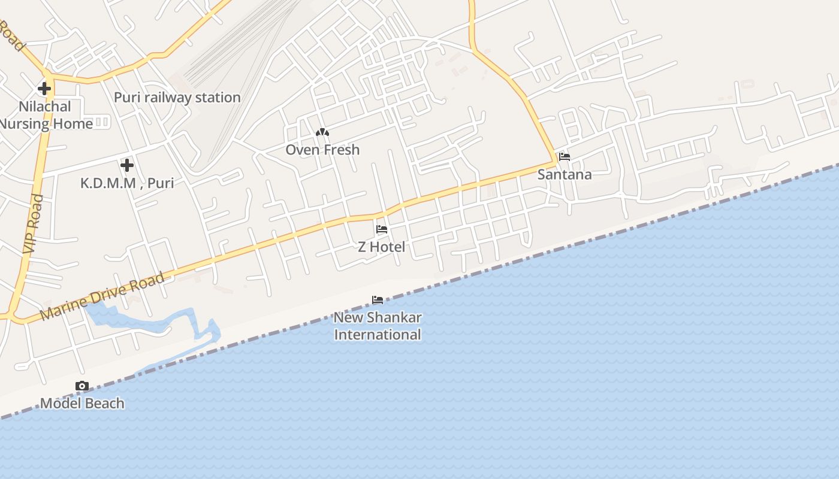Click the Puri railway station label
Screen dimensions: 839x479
point(177,97)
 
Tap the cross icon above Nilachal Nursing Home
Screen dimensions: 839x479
point(44,89)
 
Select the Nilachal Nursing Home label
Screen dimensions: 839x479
point(46,115)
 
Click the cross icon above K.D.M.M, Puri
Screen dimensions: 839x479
point(126,165)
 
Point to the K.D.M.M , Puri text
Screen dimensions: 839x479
point(127,183)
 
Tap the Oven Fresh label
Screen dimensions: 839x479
point(322,150)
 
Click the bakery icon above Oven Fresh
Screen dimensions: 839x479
point(322,132)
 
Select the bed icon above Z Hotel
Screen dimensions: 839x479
point(382,229)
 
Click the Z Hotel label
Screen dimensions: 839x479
point(382,247)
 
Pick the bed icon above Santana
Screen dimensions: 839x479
point(564,157)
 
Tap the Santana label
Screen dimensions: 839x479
point(565,174)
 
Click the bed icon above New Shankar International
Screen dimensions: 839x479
point(378,299)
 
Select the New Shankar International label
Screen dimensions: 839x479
point(378,326)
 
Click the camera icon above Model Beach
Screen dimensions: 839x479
point(82,386)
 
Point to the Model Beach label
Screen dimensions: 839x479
point(82,403)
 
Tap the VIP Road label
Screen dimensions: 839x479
point(33,223)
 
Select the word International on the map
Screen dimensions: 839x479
point(378,334)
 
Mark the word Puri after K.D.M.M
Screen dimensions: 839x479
point(160,183)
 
